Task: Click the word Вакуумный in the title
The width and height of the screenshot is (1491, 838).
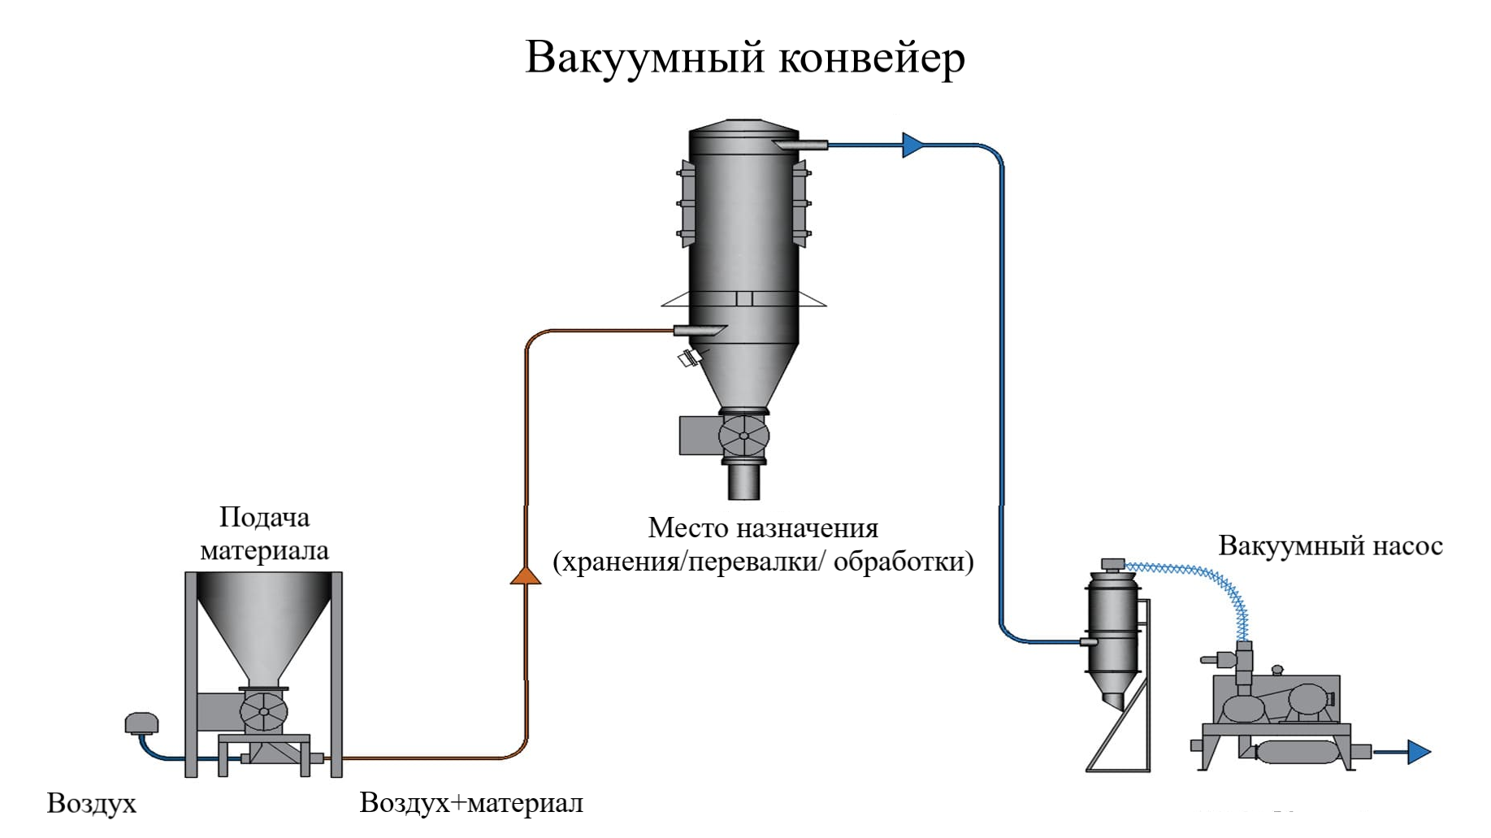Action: point(645,58)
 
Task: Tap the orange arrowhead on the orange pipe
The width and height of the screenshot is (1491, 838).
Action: point(526,575)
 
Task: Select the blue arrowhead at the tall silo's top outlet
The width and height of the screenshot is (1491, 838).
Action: point(912,145)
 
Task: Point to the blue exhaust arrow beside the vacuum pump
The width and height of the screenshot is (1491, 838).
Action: point(1418,752)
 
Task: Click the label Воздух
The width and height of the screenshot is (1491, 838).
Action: point(91,803)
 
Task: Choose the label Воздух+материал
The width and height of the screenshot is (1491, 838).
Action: point(471,803)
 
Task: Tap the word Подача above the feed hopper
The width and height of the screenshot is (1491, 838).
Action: point(264,517)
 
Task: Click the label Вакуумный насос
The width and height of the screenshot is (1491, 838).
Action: point(1330,545)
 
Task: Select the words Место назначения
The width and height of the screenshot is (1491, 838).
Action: point(763,528)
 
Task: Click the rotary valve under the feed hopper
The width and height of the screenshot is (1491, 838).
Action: point(264,713)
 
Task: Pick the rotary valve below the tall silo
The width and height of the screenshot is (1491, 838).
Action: point(743,436)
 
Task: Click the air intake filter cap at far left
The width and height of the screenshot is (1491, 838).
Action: point(141,723)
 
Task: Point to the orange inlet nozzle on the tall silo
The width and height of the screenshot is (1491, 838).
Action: point(699,330)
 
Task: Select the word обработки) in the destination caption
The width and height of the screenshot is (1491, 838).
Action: point(904,562)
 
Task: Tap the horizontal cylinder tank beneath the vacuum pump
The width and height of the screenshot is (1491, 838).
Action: point(1297,753)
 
